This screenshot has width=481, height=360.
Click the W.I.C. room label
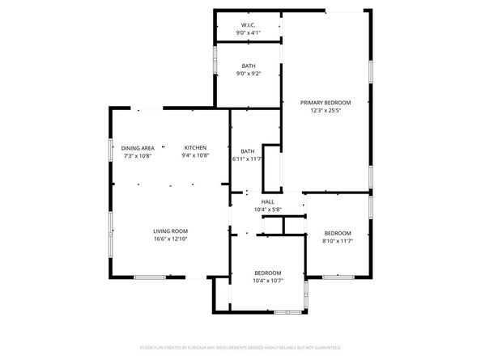247,25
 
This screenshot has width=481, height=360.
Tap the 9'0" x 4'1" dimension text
247,33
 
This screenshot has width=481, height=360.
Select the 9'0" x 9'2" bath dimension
247,74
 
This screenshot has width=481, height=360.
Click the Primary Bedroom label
326,102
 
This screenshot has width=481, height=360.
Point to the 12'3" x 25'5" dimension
326,111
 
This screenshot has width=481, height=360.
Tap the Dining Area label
138,148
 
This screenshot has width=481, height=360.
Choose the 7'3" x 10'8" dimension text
138,155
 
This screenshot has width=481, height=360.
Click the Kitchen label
195,148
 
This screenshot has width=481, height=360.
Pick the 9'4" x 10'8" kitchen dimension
195,155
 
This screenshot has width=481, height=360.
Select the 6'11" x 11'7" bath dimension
248,159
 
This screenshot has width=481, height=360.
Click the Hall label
267,202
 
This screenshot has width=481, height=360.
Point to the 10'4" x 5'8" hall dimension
267,210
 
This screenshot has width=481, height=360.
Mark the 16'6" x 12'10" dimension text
171,240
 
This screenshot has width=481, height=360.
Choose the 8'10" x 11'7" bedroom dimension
337,241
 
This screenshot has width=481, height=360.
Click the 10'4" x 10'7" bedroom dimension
268,281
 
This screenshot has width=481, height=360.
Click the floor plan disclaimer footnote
240,347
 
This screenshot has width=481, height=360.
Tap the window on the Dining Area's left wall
111,151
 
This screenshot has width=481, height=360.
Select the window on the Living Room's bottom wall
151,277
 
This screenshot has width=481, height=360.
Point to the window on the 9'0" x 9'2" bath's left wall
215,61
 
